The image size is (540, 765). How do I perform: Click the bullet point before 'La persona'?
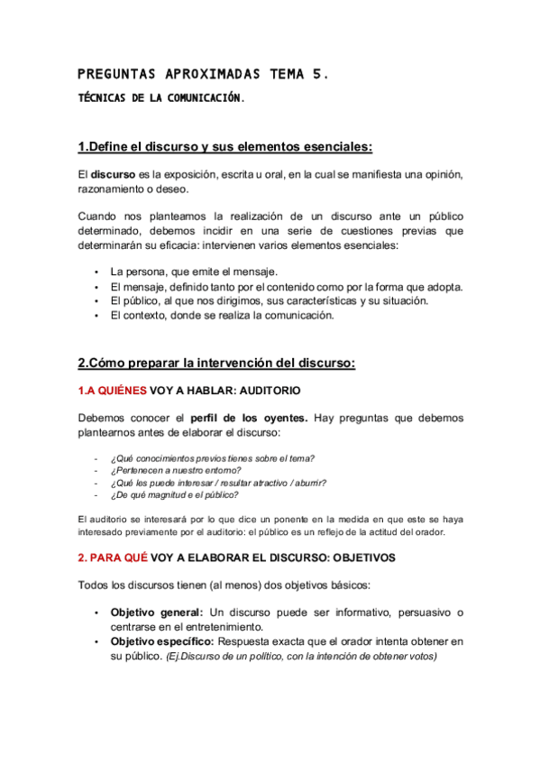(x=96, y=272)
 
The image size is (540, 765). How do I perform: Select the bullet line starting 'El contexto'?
(x=222, y=316)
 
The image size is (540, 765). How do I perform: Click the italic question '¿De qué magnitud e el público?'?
(x=174, y=494)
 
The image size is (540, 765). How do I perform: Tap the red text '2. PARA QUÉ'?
(x=111, y=558)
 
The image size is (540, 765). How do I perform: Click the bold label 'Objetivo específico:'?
(x=162, y=641)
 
